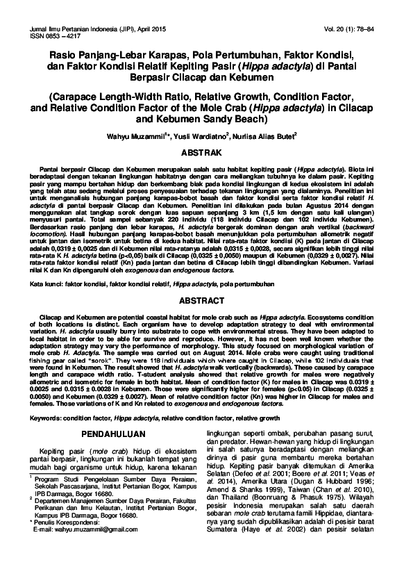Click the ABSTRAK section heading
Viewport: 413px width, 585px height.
206,151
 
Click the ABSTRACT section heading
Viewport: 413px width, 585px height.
206,302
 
